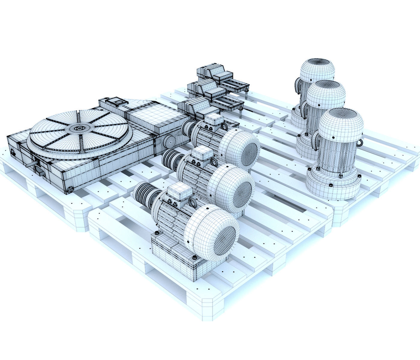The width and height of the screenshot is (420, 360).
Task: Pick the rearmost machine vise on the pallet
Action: (214, 73)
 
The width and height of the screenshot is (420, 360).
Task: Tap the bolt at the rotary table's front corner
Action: (70, 189)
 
